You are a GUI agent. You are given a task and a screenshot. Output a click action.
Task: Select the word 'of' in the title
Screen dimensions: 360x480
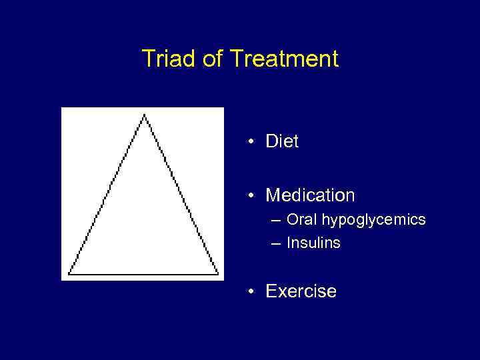pos(211,59)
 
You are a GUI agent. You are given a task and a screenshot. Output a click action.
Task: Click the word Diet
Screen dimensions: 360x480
pos(282,141)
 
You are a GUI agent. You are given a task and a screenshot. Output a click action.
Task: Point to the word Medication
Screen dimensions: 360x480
pos(310,195)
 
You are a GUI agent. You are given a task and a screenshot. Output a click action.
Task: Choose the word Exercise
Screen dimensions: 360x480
pos(301,291)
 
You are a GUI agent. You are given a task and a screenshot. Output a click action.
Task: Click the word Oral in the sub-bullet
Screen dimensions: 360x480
pos(302,219)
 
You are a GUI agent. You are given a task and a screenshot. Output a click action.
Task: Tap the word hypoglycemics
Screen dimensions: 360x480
pos(374,220)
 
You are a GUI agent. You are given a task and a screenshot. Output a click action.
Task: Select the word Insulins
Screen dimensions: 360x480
pos(313,243)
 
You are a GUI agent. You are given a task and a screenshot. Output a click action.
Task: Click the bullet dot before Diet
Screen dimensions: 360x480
pos(248,142)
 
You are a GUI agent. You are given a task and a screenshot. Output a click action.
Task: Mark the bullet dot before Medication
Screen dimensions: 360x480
pos(248,196)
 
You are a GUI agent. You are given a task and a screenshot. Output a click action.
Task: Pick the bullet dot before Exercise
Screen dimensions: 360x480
pos(248,292)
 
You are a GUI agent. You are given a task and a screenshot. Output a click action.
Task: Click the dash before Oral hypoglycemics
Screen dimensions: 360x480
pos(275,220)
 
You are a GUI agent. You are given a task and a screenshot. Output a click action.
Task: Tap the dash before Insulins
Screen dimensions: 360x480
pos(275,243)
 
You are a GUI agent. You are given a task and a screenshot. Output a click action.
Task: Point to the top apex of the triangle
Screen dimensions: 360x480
pos(144,115)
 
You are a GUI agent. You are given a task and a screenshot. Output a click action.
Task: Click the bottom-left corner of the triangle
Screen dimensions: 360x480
pos(69,273)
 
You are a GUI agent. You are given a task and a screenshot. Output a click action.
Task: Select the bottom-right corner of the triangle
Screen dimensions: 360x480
pos(218,273)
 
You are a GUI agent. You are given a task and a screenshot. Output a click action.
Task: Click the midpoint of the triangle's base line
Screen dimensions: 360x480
pos(143,274)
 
